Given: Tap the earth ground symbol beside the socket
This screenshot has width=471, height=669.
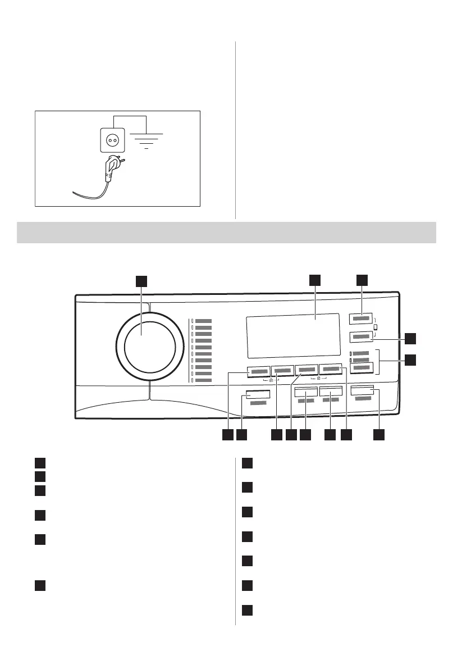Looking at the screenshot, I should coord(146,139).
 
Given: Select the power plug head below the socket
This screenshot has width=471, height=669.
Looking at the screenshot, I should coord(110,168).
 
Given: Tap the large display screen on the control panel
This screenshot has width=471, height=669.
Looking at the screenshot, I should coord(292,335).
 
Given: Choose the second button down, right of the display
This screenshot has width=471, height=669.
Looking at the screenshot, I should coord(362,337).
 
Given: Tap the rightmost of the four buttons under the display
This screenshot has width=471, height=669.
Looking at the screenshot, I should coord(331,370).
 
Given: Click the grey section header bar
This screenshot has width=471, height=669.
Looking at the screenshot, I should coord(227,232).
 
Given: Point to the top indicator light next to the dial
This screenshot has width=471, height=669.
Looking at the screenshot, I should coord(191,321).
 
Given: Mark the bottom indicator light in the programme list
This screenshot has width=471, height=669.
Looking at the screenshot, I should coord(191,381).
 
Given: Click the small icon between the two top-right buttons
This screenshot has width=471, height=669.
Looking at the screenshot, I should coord(376,328).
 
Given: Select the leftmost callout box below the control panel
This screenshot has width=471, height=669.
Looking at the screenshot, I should coord(227,435).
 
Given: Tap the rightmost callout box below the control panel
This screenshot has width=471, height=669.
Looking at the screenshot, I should coord(380,435).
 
